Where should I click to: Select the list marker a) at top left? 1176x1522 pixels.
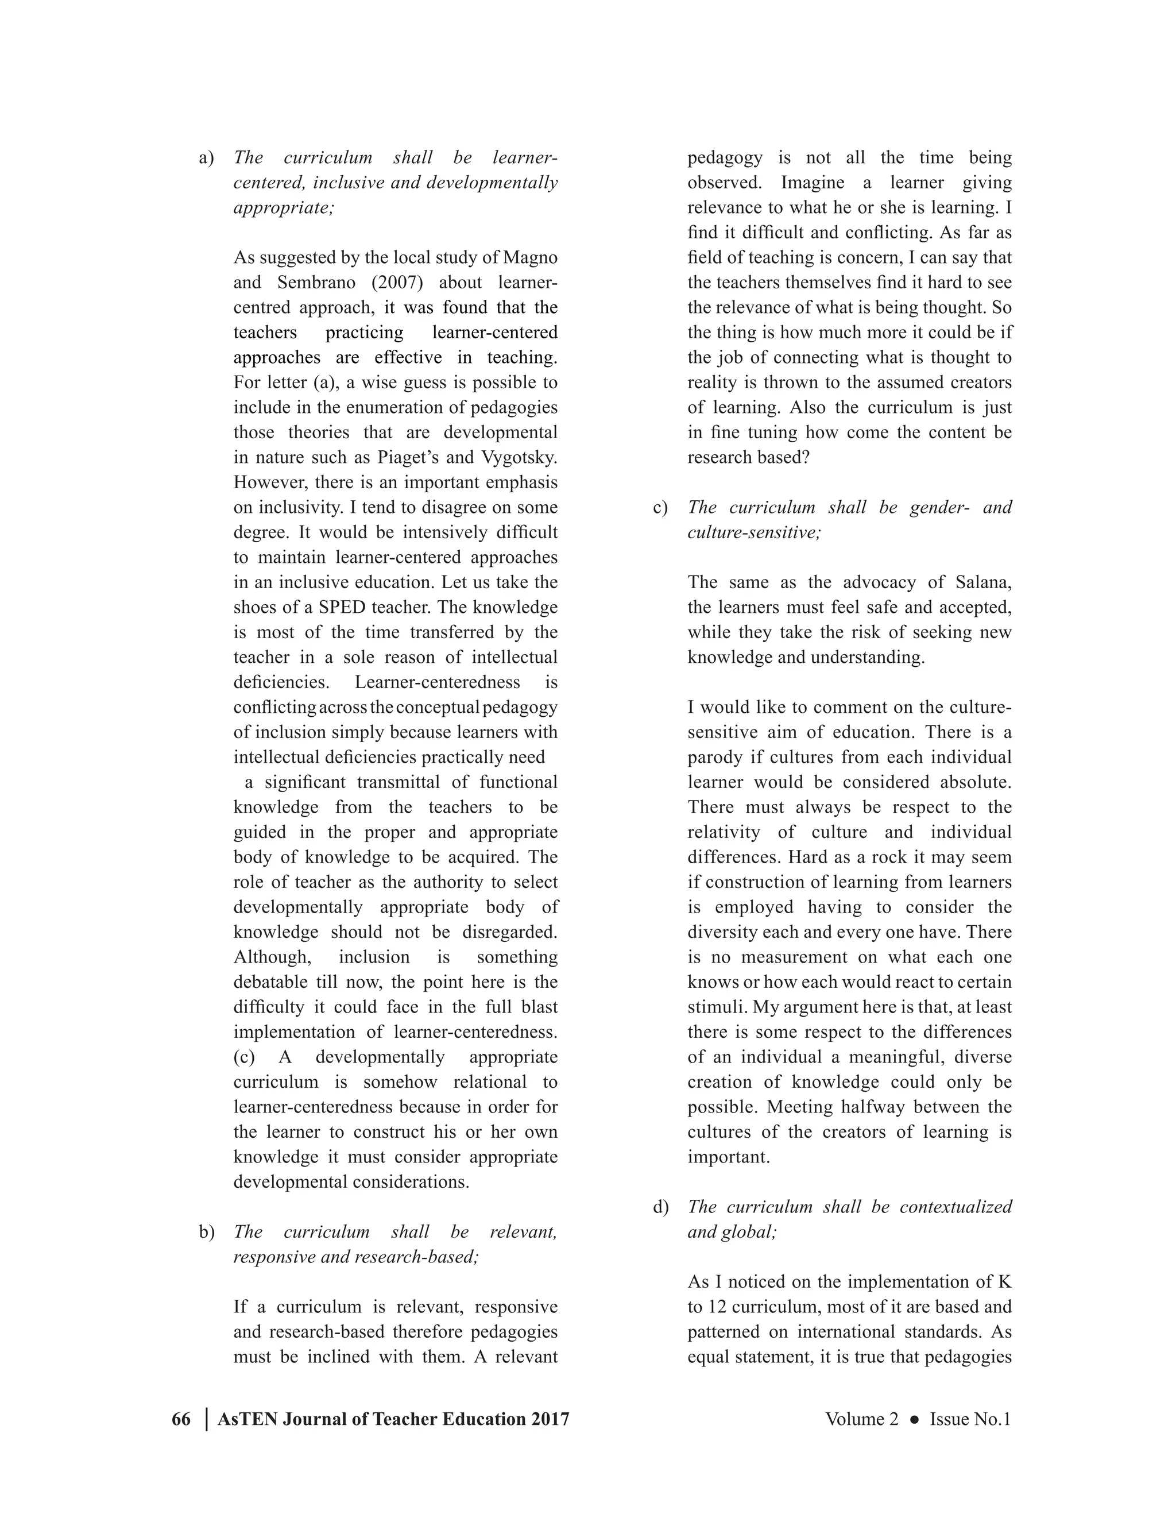(x=206, y=158)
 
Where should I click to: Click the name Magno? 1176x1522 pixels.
(x=530, y=258)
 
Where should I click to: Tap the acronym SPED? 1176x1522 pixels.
(x=342, y=608)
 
